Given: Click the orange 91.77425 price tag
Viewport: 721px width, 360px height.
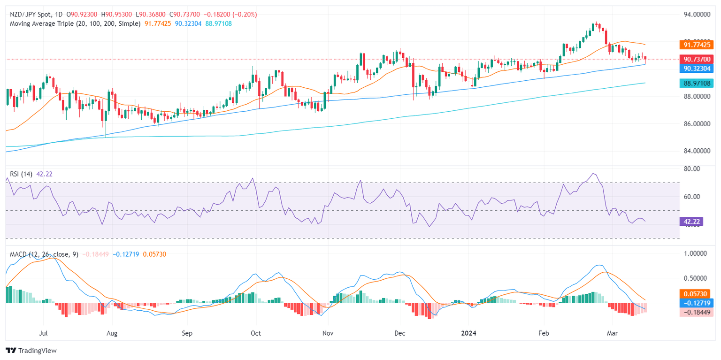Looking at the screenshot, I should pyautogui.click(x=696, y=45).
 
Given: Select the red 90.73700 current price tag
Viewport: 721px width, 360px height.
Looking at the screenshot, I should pyautogui.click(x=696, y=59).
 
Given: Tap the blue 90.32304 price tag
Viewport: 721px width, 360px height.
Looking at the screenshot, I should pyautogui.click(x=696, y=68).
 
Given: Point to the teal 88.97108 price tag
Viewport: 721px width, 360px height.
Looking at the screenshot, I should pyautogui.click(x=696, y=83).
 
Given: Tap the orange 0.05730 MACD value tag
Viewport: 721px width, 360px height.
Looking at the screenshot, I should pyautogui.click(x=696, y=293).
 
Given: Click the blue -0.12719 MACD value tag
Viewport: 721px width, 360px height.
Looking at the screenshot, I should pyautogui.click(x=696, y=303).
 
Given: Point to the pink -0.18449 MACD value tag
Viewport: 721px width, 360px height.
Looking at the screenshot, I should pyautogui.click(x=696, y=312).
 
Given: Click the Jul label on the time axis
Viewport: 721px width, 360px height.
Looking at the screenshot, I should pyautogui.click(x=43, y=333).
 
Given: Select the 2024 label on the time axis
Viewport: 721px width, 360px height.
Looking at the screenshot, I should pyautogui.click(x=468, y=333).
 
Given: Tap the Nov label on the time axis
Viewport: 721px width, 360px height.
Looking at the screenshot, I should pyautogui.click(x=328, y=333).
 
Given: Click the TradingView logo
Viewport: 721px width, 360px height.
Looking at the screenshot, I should pyautogui.click(x=31, y=350).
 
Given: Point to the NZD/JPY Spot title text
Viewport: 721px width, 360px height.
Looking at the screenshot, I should pyautogui.click(x=32, y=14).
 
